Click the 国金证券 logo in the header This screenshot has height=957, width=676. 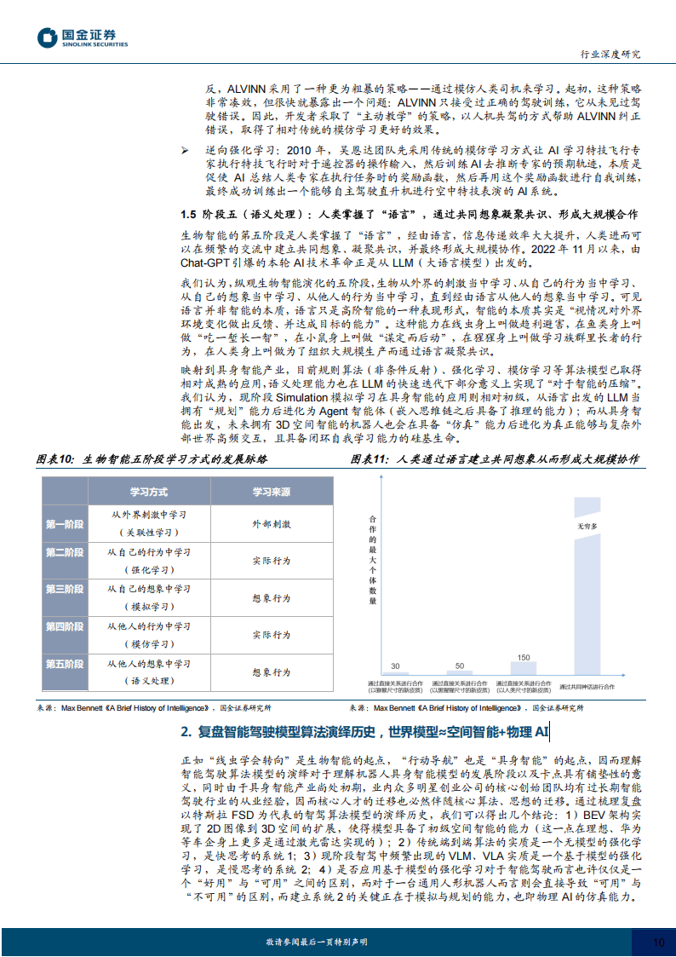click(x=77, y=37)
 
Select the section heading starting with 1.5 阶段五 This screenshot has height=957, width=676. click(x=410, y=213)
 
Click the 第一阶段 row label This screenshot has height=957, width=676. click(x=65, y=523)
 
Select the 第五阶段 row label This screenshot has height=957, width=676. click(x=65, y=664)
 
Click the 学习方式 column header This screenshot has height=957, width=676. click(x=148, y=493)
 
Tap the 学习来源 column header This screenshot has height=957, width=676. click(x=271, y=493)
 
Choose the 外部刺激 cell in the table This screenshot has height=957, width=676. click(x=271, y=523)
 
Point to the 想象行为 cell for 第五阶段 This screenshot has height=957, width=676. click(x=271, y=672)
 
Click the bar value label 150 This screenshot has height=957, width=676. click(x=524, y=657)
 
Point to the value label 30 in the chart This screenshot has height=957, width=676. click(x=395, y=666)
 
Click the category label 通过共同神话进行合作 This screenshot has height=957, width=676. click(x=587, y=684)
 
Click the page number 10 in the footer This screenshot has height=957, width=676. click(x=657, y=943)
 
